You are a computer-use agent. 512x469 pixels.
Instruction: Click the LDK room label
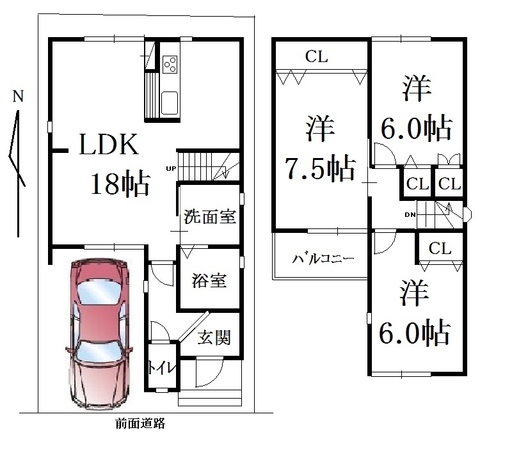coord(109,144)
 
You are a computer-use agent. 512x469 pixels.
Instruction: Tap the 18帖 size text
coord(120,184)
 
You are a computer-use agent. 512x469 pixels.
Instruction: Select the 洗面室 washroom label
coord(210,217)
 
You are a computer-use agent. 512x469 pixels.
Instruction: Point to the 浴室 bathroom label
coord(209,280)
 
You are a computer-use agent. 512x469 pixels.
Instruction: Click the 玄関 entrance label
coord(214,337)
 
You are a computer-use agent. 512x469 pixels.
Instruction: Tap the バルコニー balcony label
coord(323,259)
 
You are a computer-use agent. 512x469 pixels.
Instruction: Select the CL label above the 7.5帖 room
coord(316,56)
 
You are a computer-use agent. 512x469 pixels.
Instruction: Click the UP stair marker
coord(171,168)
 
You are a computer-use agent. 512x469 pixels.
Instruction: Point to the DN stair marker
coord(410,214)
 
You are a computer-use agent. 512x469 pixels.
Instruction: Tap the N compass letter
coord(18,96)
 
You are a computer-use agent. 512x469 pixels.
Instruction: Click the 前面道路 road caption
coord(141,424)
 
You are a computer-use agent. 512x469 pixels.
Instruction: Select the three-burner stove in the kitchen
coord(170,64)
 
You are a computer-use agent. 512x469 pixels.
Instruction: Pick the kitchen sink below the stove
coord(170,103)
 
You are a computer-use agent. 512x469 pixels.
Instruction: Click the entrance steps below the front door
coord(210,397)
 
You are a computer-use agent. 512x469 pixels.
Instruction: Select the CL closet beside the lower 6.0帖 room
coord(440,248)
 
